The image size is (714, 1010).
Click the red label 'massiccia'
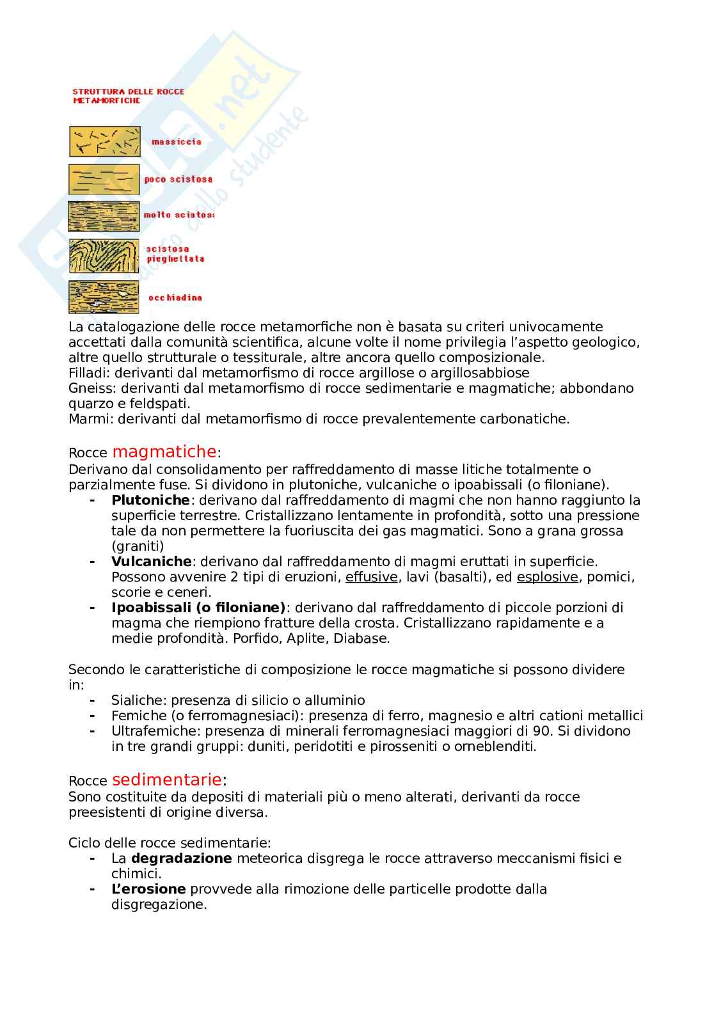click(176, 142)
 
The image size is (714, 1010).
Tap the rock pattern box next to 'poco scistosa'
click(104, 180)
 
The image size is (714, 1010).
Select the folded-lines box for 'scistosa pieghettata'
click(104, 256)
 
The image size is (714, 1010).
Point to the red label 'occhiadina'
click(175, 297)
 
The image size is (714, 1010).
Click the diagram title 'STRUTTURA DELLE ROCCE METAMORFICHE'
click(128, 96)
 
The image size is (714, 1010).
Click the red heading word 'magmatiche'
click(164, 452)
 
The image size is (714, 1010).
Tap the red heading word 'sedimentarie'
click(167, 780)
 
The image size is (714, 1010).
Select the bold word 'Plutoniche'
click(150, 500)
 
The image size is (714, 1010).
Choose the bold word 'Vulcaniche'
click(151, 562)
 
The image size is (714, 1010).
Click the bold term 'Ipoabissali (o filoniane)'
click(198, 608)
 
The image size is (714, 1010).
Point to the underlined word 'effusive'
click(372, 577)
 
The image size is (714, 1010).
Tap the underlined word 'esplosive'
click(547, 577)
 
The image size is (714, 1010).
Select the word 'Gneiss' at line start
click(89, 388)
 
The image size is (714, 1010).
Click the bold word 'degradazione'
click(181, 858)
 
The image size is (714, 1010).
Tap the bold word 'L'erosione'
click(148, 889)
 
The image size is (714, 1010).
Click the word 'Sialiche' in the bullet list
click(137, 700)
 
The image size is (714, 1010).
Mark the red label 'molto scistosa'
click(178, 215)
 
